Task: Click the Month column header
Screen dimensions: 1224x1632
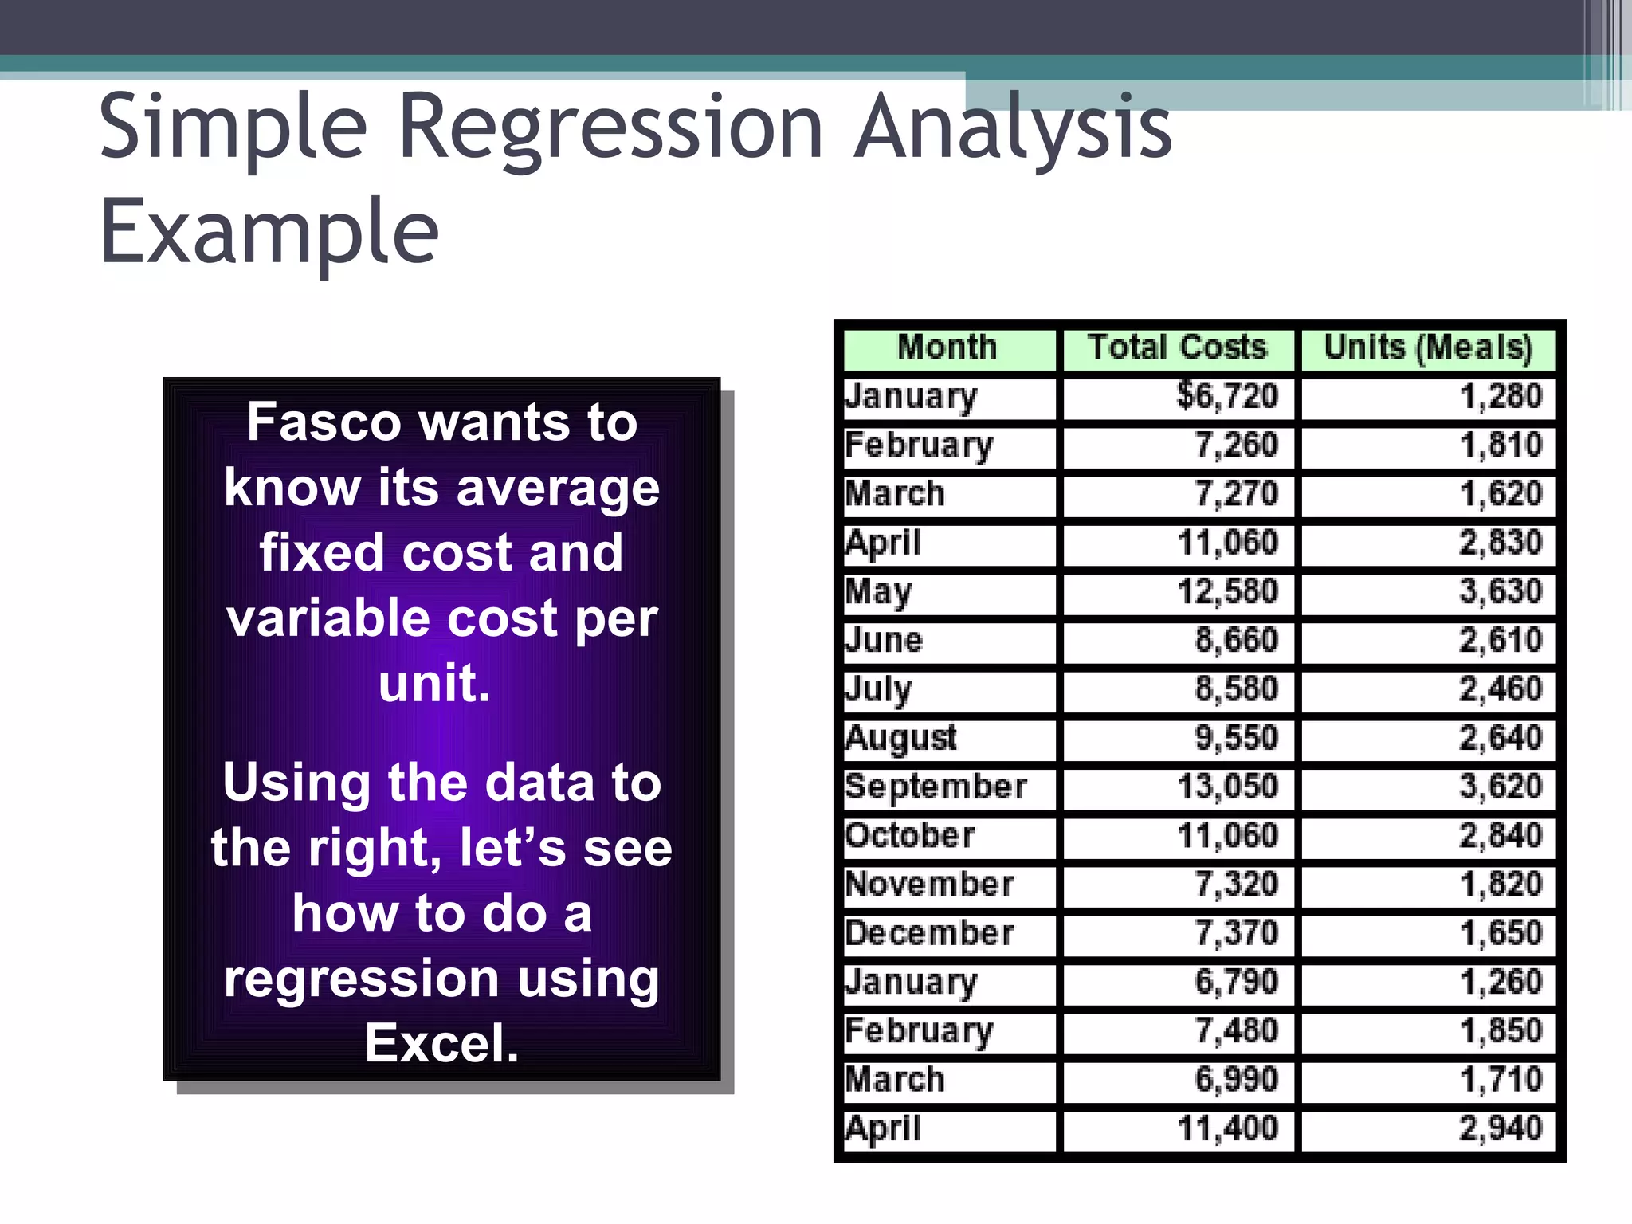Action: tap(947, 348)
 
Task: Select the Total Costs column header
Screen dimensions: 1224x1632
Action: tap(1177, 348)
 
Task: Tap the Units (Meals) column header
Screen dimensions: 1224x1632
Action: tap(1427, 348)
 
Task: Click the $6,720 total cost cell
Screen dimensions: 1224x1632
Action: tap(1227, 397)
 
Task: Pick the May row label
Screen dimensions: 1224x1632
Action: tap(879, 592)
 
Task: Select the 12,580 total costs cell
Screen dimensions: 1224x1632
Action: tap(1227, 592)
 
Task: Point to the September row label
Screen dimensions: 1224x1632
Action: tap(936, 787)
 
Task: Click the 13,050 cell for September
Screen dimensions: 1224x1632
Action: tap(1227, 787)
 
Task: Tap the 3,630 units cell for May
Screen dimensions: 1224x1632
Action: tap(1501, 592)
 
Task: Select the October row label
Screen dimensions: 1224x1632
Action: tap(909, 836)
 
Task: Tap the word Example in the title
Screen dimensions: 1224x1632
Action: tap(269, 232)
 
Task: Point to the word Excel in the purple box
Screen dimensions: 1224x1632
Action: tap(441, 1043)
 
